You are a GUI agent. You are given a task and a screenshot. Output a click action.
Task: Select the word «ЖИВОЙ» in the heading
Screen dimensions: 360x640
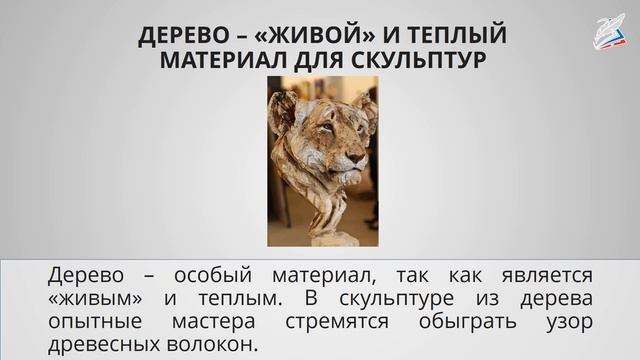[x=305, y=36]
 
